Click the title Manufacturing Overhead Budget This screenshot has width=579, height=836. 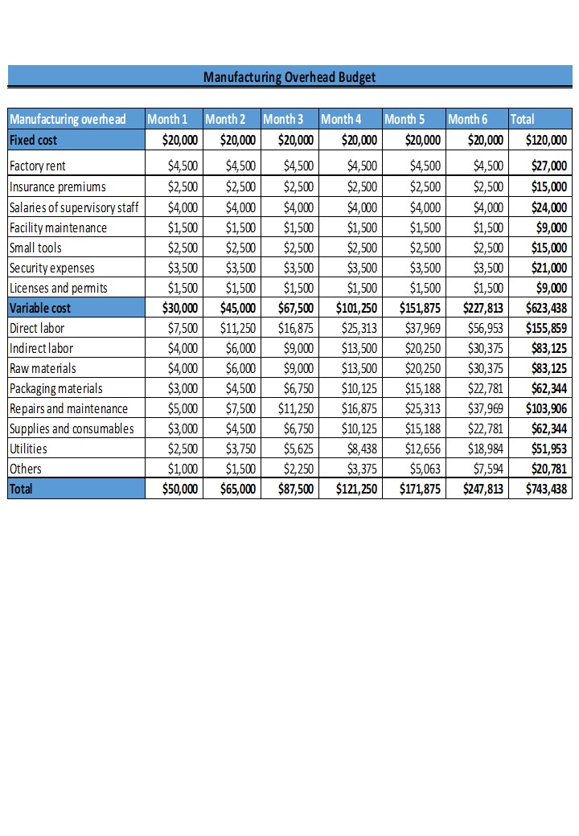coord(289,77)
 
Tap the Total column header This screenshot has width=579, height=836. coord(523,119)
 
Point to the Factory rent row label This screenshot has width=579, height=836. coord(38,166)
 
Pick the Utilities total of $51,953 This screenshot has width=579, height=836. coord(546,449)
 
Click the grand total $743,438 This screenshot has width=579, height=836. coord(546,488)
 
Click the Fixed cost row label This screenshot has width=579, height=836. coord(33,140)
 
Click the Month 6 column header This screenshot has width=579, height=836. coord(468,119)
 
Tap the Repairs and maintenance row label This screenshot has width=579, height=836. coord(68,408)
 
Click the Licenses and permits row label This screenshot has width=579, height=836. coord(58,288)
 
